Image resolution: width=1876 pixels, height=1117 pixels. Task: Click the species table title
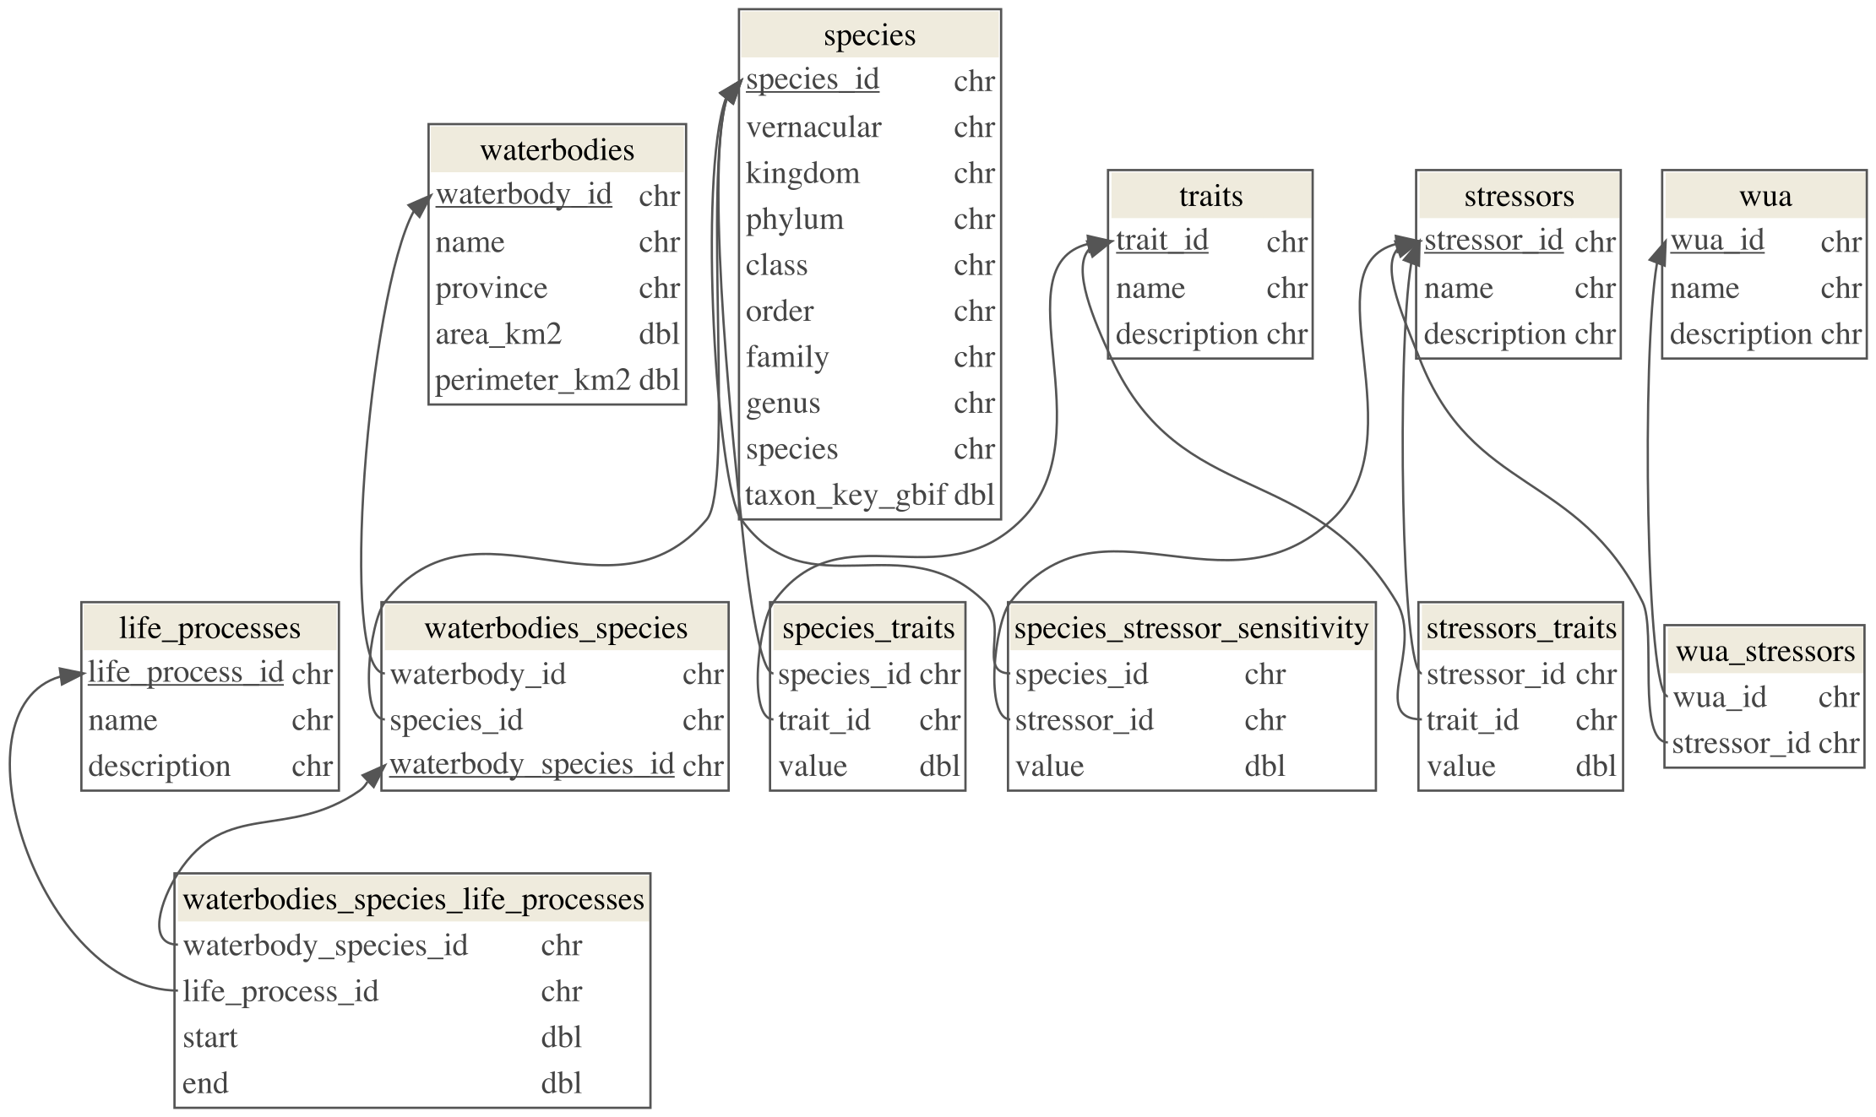tap(869, 35)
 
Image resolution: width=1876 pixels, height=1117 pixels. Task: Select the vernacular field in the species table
tap(813, 127)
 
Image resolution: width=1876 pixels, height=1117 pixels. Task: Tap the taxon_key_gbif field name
tap(846, 495)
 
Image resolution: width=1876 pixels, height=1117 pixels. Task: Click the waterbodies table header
tap(557, 150)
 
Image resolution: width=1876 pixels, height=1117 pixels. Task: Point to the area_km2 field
tap(498, 334)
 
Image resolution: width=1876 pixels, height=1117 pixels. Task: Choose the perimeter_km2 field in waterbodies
tap(532, 381)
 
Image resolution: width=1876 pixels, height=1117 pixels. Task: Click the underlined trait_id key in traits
tap(1161, 241)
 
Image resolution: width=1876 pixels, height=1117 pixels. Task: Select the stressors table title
tap(1519, 196)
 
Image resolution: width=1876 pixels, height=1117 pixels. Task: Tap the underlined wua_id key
tap(1717, 241)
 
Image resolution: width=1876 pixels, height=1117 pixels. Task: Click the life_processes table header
tap(209, 628)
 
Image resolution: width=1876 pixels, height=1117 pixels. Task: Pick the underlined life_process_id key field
tap(186, 673)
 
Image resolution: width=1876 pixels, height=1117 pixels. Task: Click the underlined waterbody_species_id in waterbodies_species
tap(531, 764)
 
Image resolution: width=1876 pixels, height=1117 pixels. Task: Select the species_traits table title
tap(867, 628)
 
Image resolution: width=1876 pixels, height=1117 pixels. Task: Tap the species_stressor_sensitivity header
tap(1191, 628)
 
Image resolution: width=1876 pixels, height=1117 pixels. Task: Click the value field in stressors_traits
tap(1460, 766)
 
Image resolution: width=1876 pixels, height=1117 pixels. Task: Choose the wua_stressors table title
tap(1765, 651)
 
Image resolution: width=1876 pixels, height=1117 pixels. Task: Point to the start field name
tap(210, 1037)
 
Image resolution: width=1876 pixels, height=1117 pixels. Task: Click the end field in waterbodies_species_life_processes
tap(205, 1083)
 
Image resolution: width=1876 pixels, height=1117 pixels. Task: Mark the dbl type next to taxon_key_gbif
tap(974, 495)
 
